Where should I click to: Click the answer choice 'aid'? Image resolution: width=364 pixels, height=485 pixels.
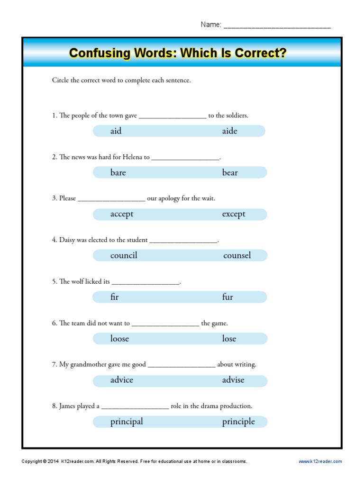[x=116, y=131]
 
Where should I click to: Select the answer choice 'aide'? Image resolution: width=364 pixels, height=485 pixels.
[x=229, y=131]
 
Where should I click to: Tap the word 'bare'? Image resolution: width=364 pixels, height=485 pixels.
[x=118, y=173]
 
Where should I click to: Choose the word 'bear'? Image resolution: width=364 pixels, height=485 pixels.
[x=230, y=173]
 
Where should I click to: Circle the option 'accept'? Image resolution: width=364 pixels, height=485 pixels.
[x=122, y=214]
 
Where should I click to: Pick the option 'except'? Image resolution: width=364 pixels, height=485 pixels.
[x=234, y=214]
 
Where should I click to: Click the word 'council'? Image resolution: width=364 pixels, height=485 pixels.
[x=124, y=256]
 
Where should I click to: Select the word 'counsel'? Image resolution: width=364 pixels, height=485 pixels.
[x=237, y=256]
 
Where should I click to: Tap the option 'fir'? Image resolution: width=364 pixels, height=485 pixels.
[x=114, y=297]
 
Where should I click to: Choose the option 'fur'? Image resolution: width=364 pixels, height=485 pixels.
[x=227, y=297]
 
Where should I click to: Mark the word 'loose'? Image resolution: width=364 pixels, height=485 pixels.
[x=119, y=339]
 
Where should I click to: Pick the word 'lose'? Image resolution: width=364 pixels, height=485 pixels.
[x=229, y=339]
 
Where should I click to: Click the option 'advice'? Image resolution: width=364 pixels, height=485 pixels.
[x=122, y=380]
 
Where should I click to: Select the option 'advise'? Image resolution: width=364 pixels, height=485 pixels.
[x=233, y=380]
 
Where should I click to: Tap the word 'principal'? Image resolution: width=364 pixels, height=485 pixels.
[x=127, y=422]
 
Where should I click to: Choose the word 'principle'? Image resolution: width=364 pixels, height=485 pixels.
[x=238, y=422]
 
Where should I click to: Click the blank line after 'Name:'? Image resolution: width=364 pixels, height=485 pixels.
[x=277, y=26]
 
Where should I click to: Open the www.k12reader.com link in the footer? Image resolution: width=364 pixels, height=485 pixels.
[x=320, y=461]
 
